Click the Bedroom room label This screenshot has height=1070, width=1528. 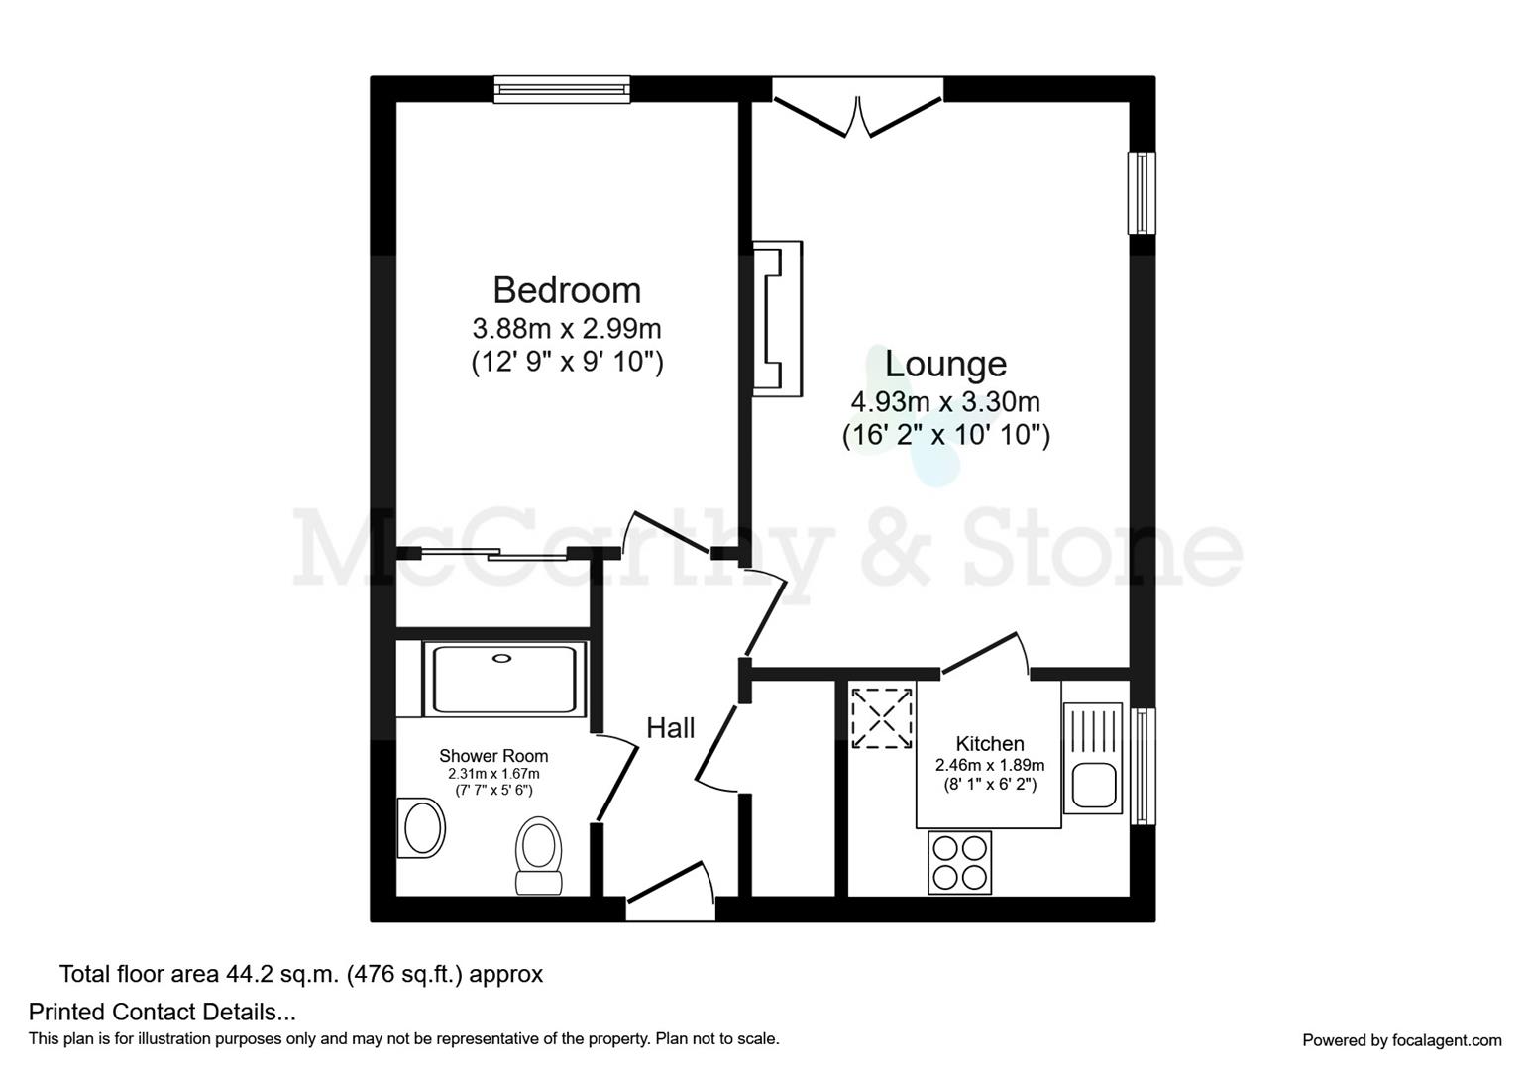coord(567,290)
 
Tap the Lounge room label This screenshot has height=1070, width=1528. coord(945,364)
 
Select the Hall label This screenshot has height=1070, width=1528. coord(671,728)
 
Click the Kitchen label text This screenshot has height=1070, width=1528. coord(990,743)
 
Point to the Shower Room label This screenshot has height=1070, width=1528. coord(493,756)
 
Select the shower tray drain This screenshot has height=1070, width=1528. coord(503,656)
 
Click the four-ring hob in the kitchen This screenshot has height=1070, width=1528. coord(959,862)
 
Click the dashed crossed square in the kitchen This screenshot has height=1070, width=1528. coord(881,717)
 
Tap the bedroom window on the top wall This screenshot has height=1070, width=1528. coord(563,90)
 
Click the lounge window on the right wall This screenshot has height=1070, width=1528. coord(1143,192)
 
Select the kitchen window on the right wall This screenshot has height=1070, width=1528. coord(1143,765)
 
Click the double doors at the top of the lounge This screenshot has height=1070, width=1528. coord(858,111)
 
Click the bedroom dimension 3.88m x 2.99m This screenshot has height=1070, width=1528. coord(567,328)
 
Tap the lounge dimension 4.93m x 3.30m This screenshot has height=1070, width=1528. coord(945,402)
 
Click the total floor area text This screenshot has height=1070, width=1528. coord(301,974)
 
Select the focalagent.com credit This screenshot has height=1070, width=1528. coord(1401,1040)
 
